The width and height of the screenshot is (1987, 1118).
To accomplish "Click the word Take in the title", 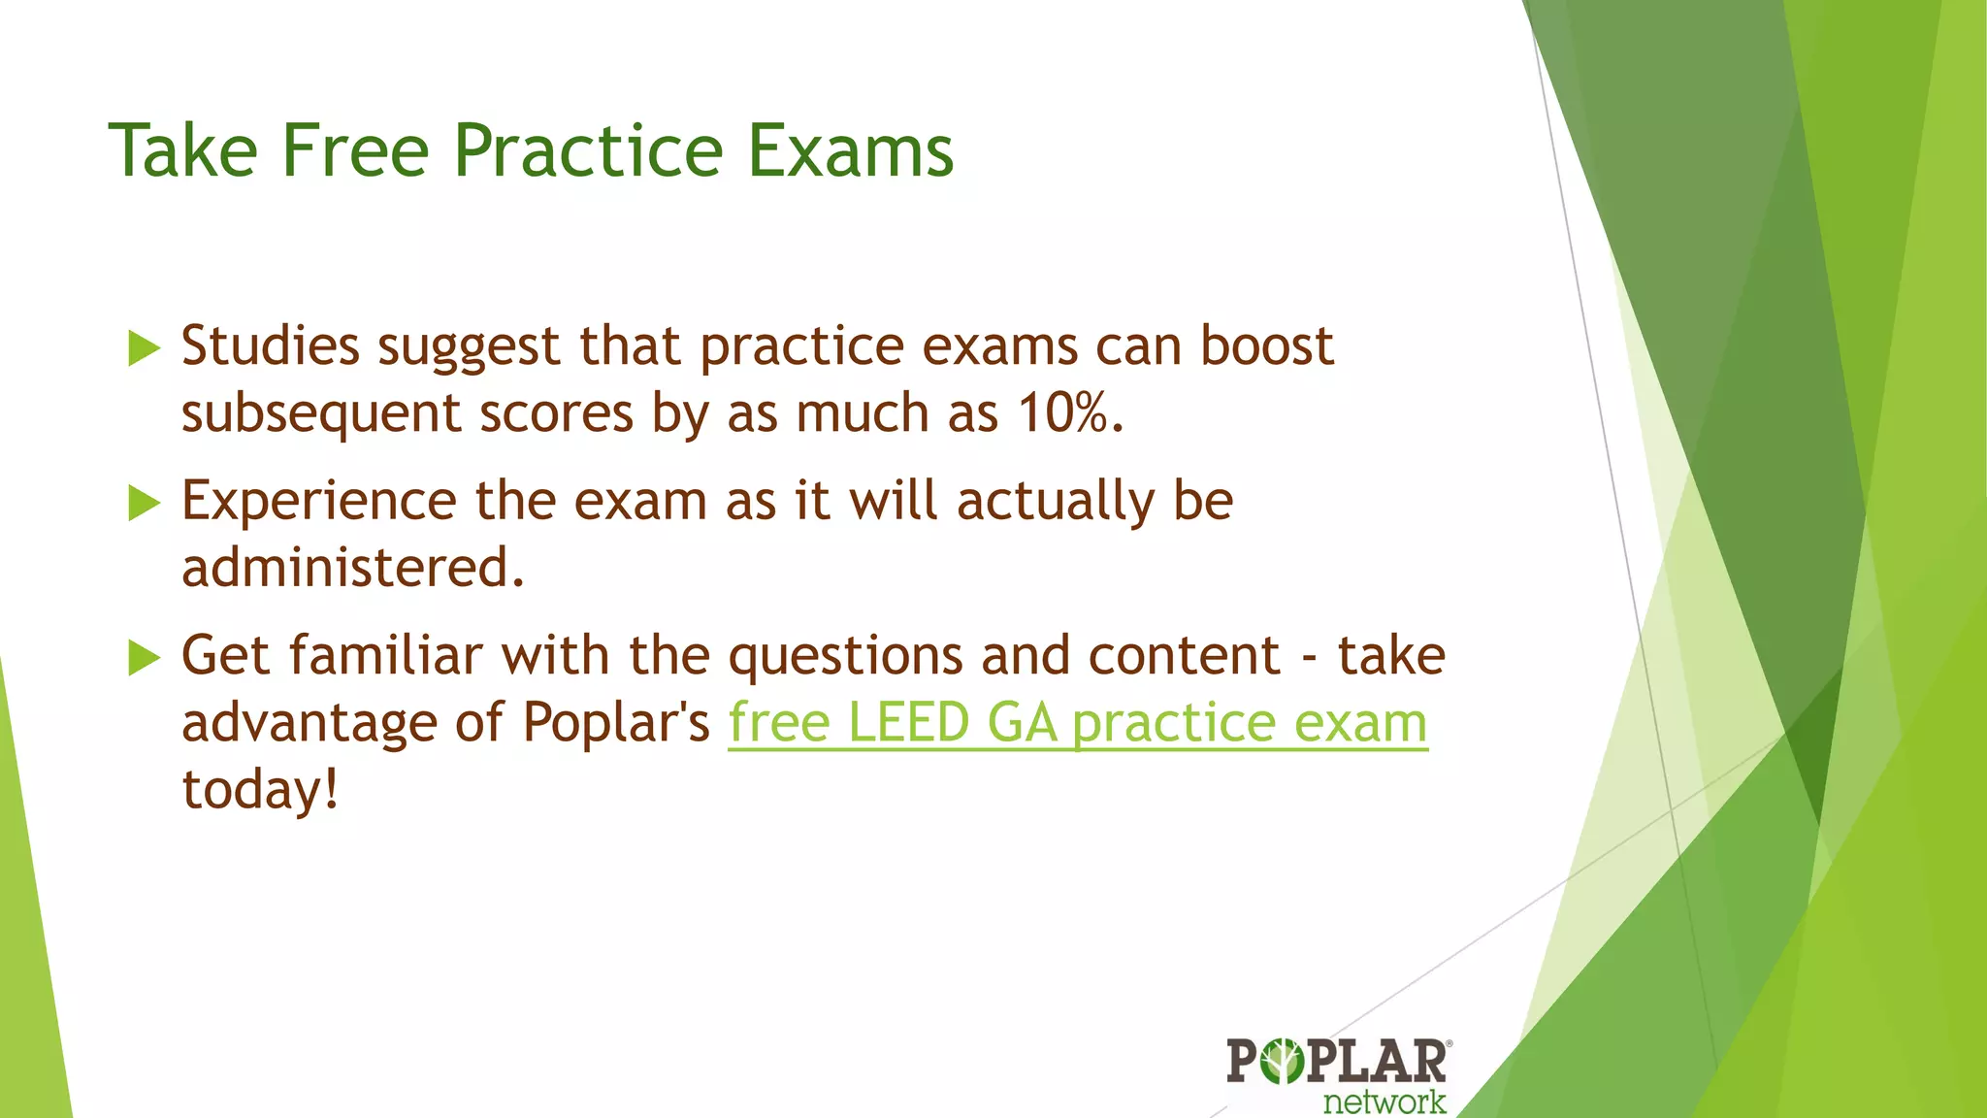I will click(183, 151).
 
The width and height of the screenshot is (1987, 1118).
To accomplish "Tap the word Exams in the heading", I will click(851, 151).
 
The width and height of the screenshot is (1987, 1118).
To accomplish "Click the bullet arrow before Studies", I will click(144, 348).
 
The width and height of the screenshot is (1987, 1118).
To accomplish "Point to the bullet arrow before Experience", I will click(144, 504).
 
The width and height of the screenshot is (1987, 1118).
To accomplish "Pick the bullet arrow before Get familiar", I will click(144, 658).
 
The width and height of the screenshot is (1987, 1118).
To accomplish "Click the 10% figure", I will click(1063, 413).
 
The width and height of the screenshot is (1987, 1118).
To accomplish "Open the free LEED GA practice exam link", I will click(1077, 723).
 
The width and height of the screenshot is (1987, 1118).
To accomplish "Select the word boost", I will click(1266, 346).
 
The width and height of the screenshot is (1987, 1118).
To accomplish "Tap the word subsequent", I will click(320, 415).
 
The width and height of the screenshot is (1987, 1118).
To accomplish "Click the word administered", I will click(352, 568).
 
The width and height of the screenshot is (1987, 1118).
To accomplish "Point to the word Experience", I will click(318, 503).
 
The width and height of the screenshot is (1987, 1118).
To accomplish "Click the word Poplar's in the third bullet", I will click(616, 723).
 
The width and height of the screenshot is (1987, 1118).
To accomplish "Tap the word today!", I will click(260, 790).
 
